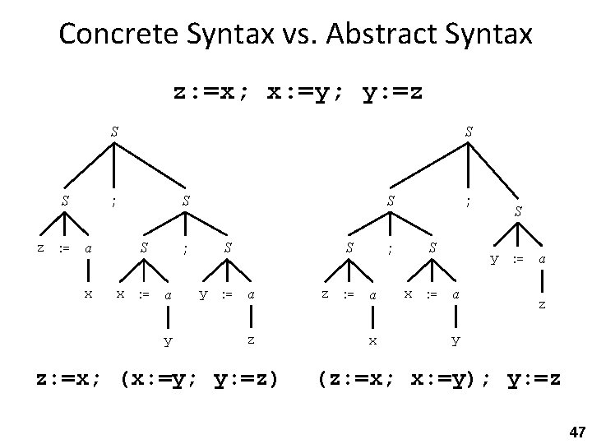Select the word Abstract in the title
point(367,35)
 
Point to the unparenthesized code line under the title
point(299,92)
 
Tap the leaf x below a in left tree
point(88,293)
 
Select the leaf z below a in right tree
point(541,303)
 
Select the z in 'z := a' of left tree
point(40,246)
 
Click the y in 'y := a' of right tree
point(494,258)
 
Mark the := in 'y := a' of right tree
point(517,258)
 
